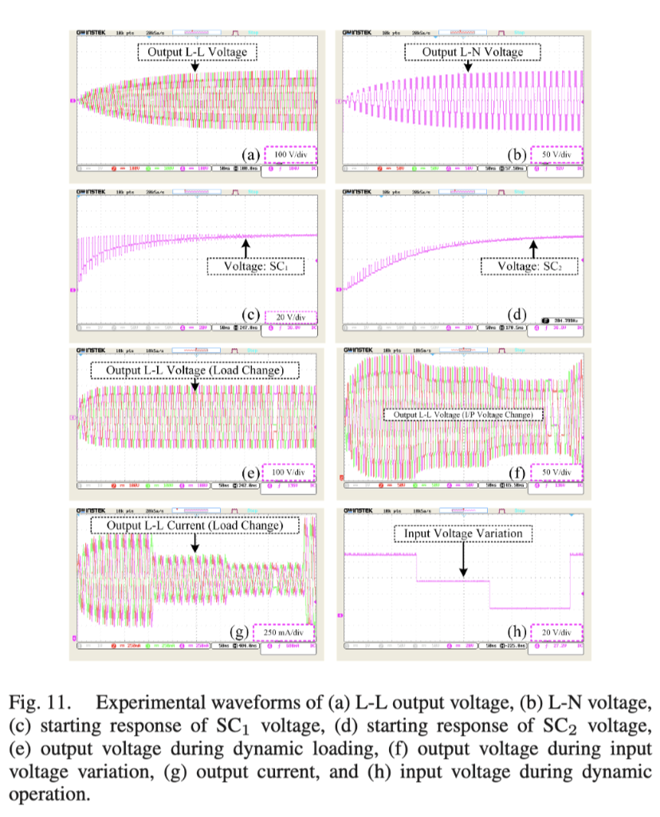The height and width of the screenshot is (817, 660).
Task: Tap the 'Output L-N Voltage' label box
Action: [x=472, y=53]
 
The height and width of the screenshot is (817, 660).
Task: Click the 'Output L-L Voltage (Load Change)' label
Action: [x=194, y=370]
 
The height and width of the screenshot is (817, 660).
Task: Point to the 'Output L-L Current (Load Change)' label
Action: [x=194, y=526]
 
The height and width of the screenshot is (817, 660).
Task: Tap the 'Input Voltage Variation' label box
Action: [x=463, y=534]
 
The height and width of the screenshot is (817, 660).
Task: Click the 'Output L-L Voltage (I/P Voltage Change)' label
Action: [x=463, y=415]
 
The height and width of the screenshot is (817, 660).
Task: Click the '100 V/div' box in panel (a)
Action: [x=290, y=156]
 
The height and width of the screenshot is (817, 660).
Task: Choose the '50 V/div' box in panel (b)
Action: [x=557, y=156]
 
